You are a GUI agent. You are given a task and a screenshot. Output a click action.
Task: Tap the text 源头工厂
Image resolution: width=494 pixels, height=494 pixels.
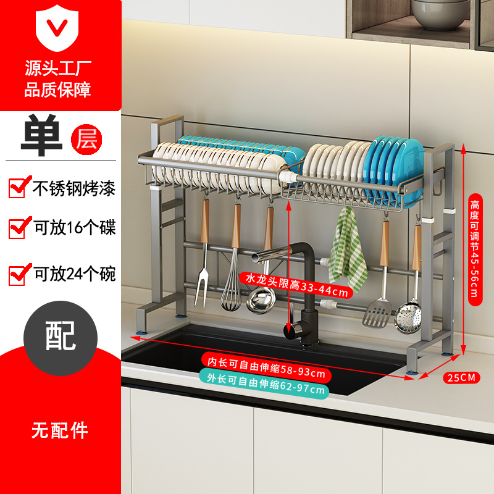coord(58,67)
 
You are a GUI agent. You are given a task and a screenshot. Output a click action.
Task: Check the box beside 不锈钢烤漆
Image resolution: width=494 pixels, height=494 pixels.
coord(17,186)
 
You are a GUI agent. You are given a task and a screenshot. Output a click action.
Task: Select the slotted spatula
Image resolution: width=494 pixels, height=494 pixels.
coord(379,312)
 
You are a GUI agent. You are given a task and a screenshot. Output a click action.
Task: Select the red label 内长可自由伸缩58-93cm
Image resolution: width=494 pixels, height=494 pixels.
coord(266,374)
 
